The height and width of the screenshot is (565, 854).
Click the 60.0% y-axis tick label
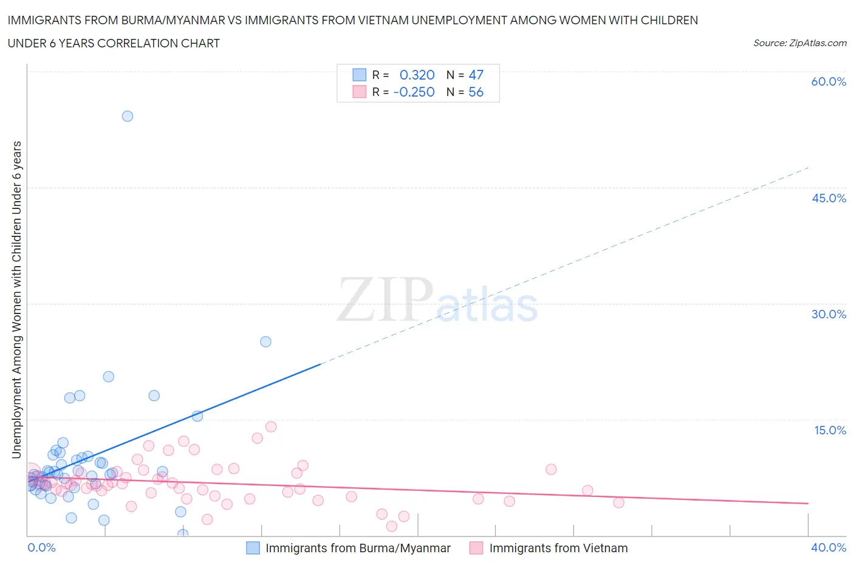coord(828,81)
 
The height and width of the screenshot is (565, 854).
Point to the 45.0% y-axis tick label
coord(828,198)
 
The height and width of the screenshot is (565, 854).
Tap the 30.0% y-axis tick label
coord(828,314)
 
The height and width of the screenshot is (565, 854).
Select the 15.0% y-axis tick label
coord(830,430)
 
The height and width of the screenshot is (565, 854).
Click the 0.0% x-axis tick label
coord(41,547)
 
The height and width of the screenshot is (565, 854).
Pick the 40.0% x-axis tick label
coord(828,547)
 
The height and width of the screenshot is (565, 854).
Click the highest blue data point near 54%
coord(128,116)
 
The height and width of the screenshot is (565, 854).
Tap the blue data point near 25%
coord(265,341)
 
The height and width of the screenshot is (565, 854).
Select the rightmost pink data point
coord(618,502)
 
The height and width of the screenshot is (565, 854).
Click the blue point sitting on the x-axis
coord(183,534)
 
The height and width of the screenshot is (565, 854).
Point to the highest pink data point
coord(271,426)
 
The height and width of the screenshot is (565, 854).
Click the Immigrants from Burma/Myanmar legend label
coord(358,548)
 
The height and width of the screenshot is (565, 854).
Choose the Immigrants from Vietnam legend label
coord(558,548)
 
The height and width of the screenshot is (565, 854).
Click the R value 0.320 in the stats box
coord(417,75)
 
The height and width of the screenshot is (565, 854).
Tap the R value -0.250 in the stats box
coord(414,92)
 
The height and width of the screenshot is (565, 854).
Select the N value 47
coord(476,75)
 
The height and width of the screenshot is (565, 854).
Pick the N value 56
coord(476,92)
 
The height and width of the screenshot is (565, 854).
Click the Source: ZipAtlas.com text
coord(799,43)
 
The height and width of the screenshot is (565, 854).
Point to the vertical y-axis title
coord(16,300)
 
